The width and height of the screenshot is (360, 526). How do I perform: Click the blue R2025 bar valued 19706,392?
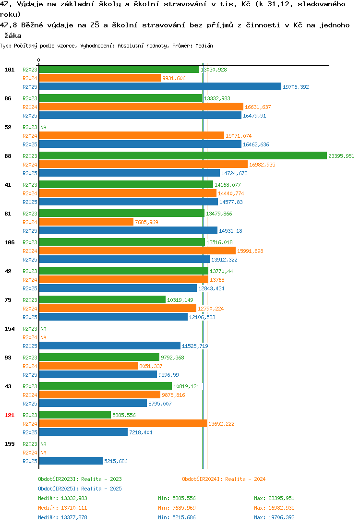[160, 86]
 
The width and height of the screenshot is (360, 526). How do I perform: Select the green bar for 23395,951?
[183, 155]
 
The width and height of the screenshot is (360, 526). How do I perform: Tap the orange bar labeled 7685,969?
[86, 222]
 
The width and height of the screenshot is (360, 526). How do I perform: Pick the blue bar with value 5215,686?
[71, 461]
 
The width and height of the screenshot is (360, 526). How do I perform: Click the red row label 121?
[10, 415]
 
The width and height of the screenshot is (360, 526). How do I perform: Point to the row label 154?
[10, 329]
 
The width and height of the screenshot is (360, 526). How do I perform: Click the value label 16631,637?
[258, 107]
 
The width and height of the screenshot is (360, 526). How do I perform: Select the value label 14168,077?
[228, 185]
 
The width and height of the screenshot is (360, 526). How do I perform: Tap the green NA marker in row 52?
[44, 127]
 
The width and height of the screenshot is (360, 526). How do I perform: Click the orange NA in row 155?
[44, 453]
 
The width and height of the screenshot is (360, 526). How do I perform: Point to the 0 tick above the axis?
[38, 60]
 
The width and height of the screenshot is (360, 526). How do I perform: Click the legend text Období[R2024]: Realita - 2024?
[224, 479]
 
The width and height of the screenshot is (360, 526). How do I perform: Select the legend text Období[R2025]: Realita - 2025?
[80, 489]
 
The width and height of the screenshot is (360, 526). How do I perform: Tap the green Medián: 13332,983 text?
[62, 499]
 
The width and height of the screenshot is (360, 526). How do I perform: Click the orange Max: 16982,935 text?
[274, 508]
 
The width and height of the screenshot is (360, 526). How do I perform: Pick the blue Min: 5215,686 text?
[177, 518]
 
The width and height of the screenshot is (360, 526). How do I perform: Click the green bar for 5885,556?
[75, 415]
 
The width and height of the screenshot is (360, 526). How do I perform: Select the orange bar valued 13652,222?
[123, 423]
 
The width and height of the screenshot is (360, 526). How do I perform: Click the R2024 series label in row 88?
[30, 165]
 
